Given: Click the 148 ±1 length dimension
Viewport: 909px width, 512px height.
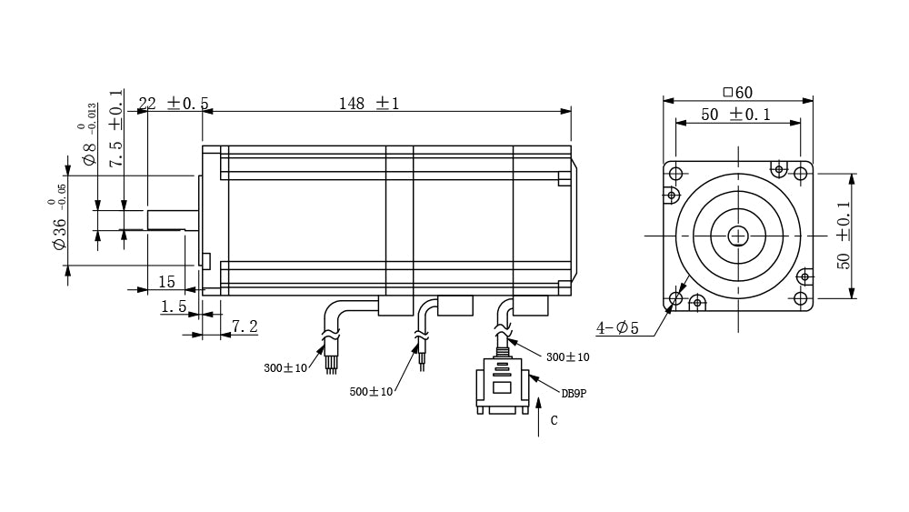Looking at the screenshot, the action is (369, 104).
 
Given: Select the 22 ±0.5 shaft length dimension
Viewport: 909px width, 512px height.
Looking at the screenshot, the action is (174, 103).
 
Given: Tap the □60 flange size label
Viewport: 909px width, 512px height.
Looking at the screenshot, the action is (737, 92).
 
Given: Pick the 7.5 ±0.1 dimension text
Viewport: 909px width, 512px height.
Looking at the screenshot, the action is (116, 128).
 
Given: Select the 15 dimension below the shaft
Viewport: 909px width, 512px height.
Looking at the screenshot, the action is (166, 282).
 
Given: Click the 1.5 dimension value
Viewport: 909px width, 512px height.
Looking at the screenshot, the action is (174, 306).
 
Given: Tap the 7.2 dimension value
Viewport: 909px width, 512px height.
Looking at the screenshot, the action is (245, 327).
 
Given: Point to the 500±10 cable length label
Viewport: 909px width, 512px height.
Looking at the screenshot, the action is (371, 391).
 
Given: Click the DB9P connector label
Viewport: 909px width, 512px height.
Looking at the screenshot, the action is (574, 393).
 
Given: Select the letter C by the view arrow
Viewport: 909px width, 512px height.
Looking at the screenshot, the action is (554, 420).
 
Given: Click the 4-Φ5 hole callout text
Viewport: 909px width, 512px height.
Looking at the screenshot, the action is (617, 328).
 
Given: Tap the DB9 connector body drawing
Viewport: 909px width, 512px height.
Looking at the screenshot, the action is (502, 386).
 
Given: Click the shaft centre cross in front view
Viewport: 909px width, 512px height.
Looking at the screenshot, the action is (738, 236).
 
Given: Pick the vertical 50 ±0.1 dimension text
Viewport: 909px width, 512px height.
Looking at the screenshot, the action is (844, 235).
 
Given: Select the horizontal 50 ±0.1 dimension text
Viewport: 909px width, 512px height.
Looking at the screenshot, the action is (735, 115).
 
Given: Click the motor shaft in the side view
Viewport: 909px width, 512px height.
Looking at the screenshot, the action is (172, 220).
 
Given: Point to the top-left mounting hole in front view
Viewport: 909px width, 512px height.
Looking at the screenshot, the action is (676, 174).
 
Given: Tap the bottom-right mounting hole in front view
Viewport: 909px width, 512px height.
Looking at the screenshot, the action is (801, 298).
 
